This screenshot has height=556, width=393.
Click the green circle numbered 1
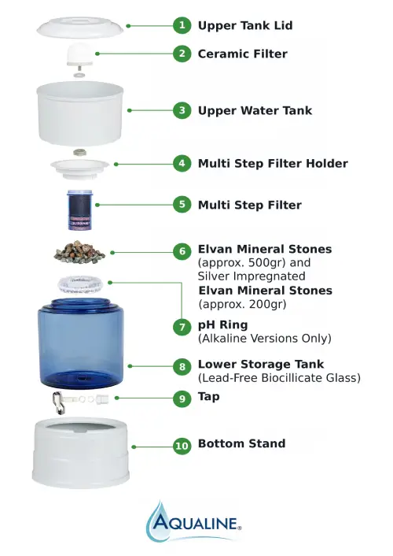point(182,25)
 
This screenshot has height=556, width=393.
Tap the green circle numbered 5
point(182,205)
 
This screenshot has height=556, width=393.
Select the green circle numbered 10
point(182,445)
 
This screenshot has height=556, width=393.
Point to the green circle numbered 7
point(182,326)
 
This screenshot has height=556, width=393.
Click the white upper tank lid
point(80,26)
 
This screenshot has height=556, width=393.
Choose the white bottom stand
point(82,453)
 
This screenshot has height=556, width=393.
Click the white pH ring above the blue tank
point(81,283)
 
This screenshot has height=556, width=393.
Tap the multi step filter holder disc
point(82,166)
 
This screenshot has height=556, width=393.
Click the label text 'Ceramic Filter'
point(242,54)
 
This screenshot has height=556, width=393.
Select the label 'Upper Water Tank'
point(255,111)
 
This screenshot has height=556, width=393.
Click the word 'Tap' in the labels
point(209,396)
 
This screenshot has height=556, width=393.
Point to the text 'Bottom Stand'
point(241,443)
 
